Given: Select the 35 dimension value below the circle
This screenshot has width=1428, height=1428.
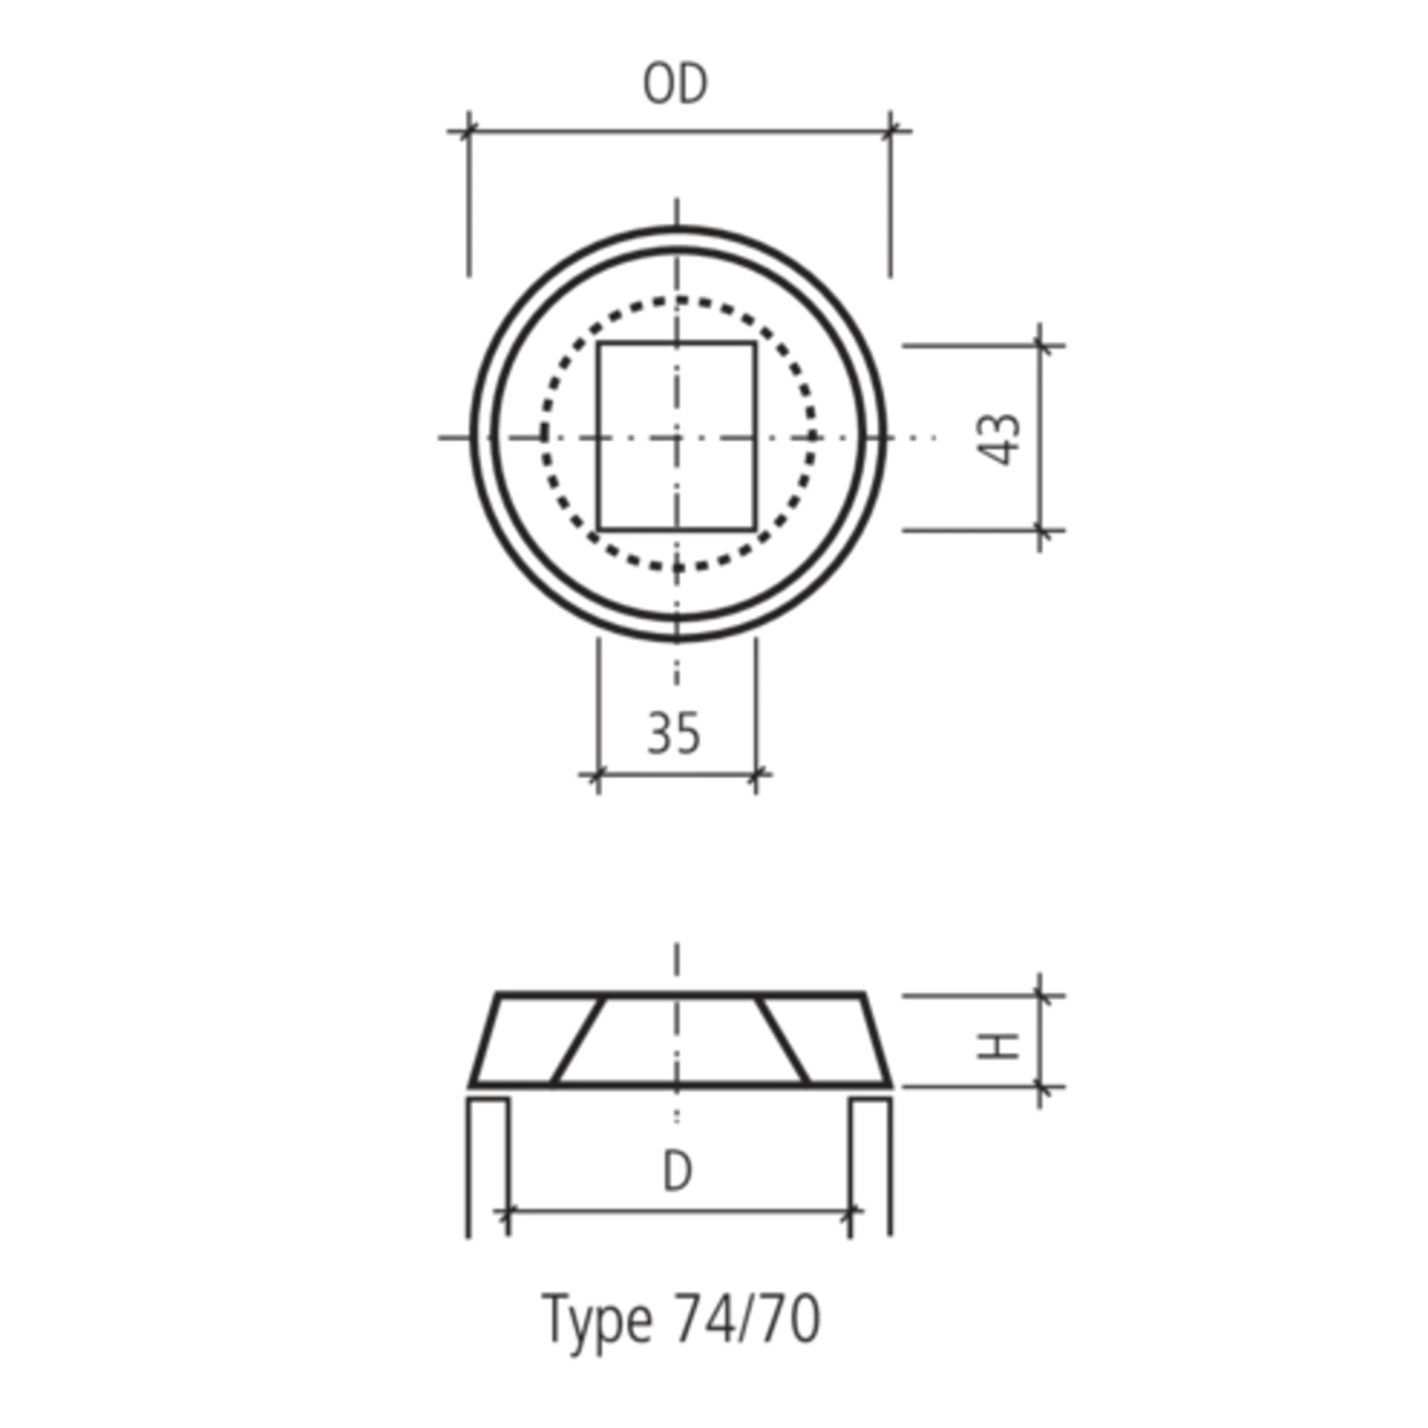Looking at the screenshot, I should pyautogui.click(x=672, y=733).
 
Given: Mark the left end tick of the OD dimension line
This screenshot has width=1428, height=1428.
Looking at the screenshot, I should pyautogui.click(x=468, y=132).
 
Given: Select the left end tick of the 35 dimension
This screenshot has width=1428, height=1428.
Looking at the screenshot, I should pyautogui.click(x=599, y=773).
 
